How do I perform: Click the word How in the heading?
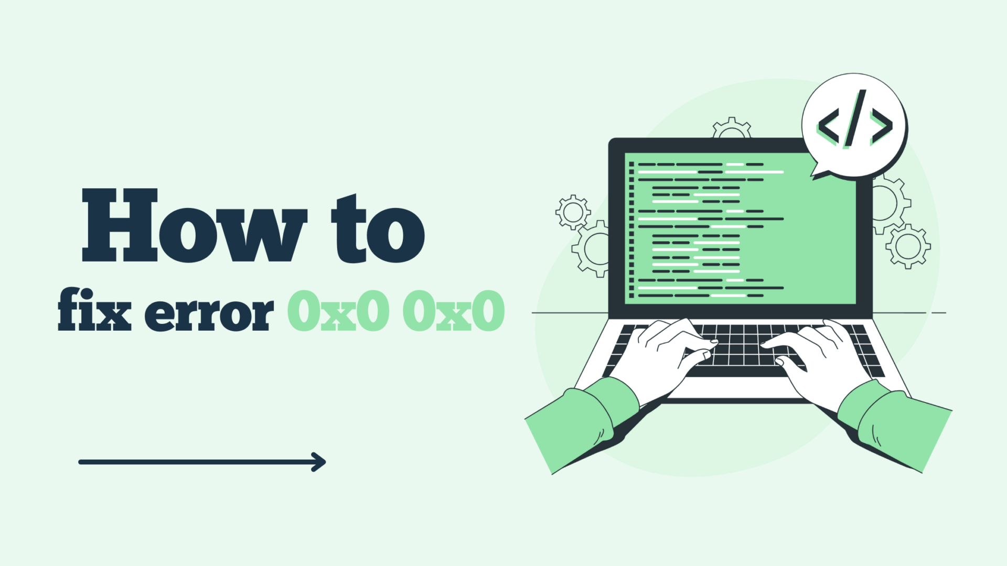click(x=194, y=226)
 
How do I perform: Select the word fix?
click(x=94, y=310)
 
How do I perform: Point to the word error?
click(x=209, y=313)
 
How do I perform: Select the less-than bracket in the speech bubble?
click(x=829, y=127)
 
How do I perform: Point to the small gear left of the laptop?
click(x=573, y=212)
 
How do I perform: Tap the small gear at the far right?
click(x=908, y=246)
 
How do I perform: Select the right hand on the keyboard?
click(x=818, y=362)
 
